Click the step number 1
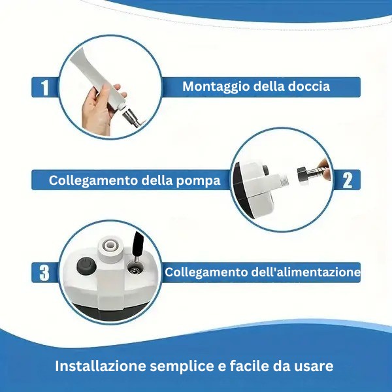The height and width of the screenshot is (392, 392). pyautogui.click(x=44, y=88)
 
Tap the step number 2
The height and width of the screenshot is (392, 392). pyautogui.click(x=348, y=180)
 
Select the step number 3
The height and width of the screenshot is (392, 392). pyautogui.click(x=44, y=272)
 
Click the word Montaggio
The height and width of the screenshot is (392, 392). pyautogui.click(x=216, y=87)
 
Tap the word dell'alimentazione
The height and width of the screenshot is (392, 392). pyautogui.click(x=306, y=272)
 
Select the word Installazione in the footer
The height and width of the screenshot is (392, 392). pyautogui.click(x=100, y=366)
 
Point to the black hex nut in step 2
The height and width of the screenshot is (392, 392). pyautogui.click(x=302, y=173)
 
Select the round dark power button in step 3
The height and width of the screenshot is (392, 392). pyautogui.click(x=86, y=267)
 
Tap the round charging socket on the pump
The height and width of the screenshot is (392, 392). pyautogui.click(x=135, y=269)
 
